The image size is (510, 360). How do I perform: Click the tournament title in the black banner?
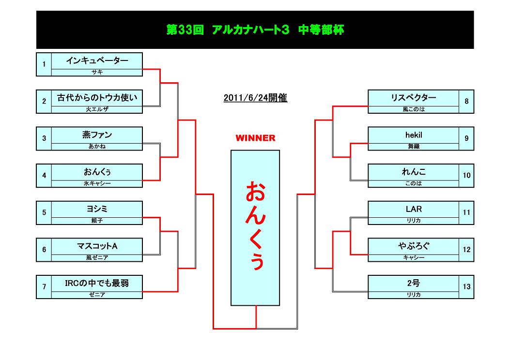(x=255, y=30)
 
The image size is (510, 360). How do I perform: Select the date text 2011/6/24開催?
(x=255, y=98)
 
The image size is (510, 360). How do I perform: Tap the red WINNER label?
(x=255, y=138)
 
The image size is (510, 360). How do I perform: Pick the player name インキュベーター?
(x=97, y=61)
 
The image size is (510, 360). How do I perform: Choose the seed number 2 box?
(x=44, y=102)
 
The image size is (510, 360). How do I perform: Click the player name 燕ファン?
(x=97, y=135)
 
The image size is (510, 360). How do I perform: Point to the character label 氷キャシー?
(x=97, y=183)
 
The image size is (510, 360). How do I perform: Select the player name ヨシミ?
(x=97, y=209)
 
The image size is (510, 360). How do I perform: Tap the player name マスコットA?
(x=97, y=246)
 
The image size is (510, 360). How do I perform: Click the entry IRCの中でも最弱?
(x=97, y=283)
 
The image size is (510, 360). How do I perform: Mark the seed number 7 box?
(x=44, y=287)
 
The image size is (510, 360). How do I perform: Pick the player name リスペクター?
(x=414, y=98)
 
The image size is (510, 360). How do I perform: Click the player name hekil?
(x=414, y=135)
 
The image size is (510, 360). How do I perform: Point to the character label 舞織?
(x=414, y=146)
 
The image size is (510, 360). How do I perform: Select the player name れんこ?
(x=414, y=172)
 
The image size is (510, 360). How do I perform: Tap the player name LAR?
(x=414, y=209)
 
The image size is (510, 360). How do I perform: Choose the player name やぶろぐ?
(x=414, y=246)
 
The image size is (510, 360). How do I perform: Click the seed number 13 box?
(x=466, y=287)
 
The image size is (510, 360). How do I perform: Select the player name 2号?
(x=414, y=283)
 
